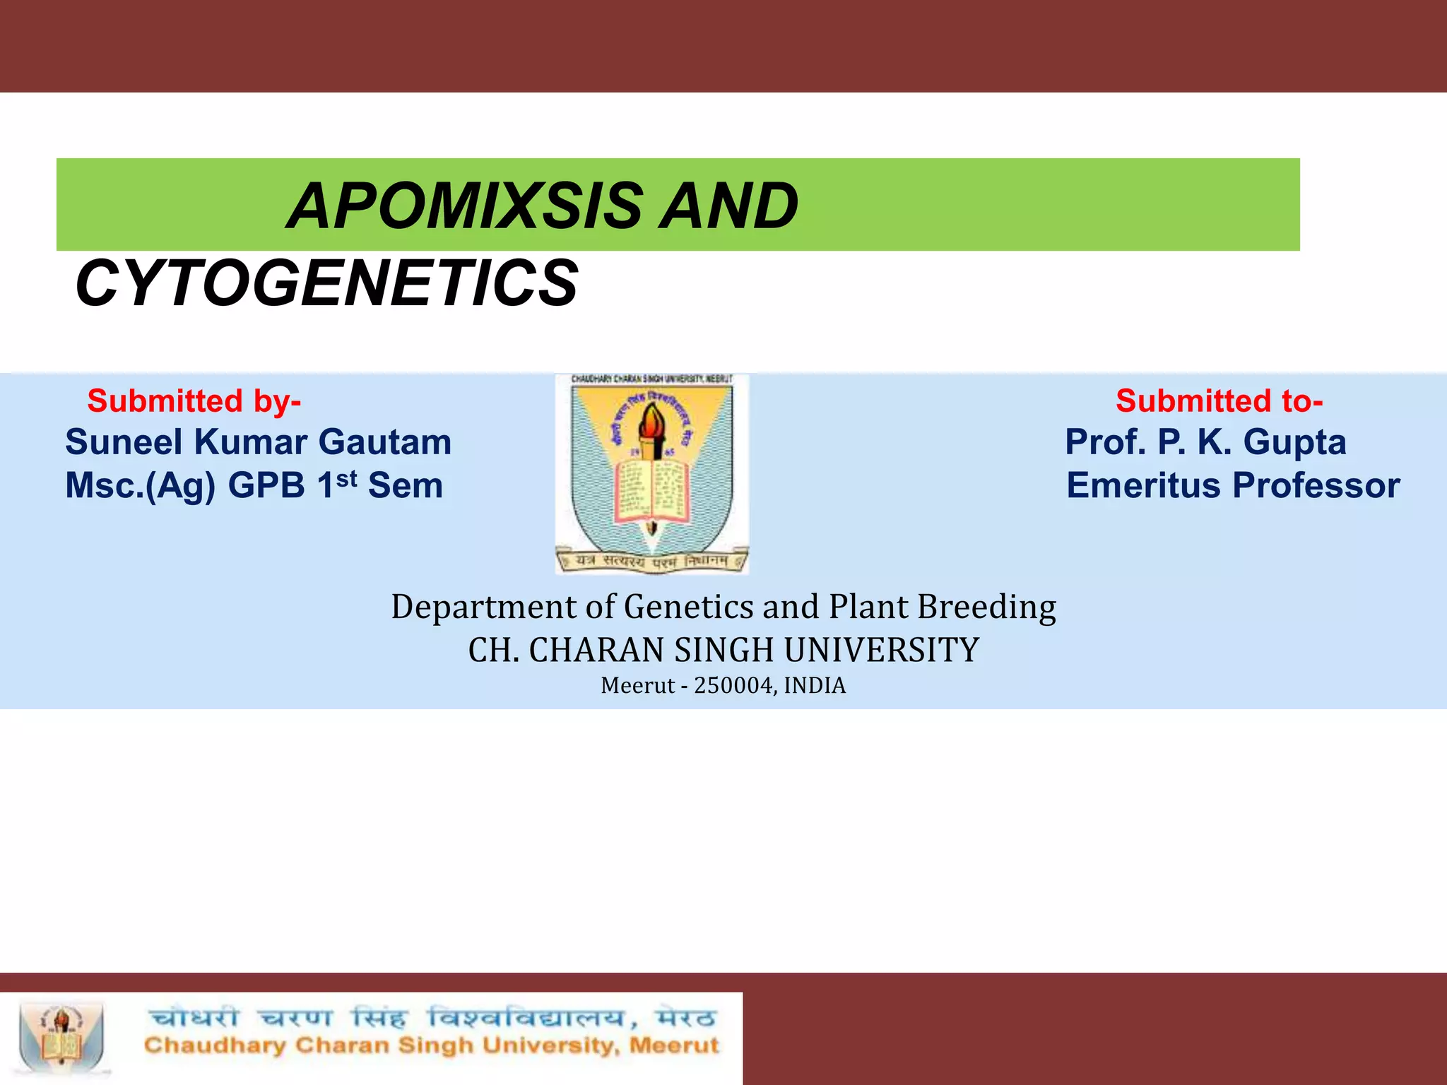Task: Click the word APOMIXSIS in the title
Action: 466,206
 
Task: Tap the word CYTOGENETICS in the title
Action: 326,284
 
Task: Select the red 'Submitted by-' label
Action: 194,401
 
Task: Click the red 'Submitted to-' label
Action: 1219,401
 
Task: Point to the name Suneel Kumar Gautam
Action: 258,443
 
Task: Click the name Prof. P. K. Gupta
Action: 1205,443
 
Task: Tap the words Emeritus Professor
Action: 1233,486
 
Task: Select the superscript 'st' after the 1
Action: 346,478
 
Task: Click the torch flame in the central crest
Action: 650,422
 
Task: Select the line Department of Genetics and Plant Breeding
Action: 723,607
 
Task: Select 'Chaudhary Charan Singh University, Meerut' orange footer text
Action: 431,1046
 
